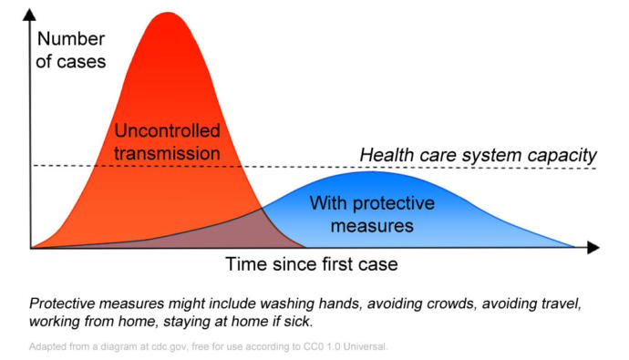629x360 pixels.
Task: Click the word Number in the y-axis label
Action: (x=72, y=39)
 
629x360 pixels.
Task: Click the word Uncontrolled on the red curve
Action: (x=167, y=131)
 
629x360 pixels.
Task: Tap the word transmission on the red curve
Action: (x=167, y=152)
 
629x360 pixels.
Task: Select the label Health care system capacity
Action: (x=478, y=154)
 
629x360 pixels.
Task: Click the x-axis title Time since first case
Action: (x=313, y=265)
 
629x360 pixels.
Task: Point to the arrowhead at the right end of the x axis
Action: (x=593, y=247)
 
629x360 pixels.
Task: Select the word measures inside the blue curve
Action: (x=372, y=223)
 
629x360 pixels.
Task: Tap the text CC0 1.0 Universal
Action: (x=344, y=346)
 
